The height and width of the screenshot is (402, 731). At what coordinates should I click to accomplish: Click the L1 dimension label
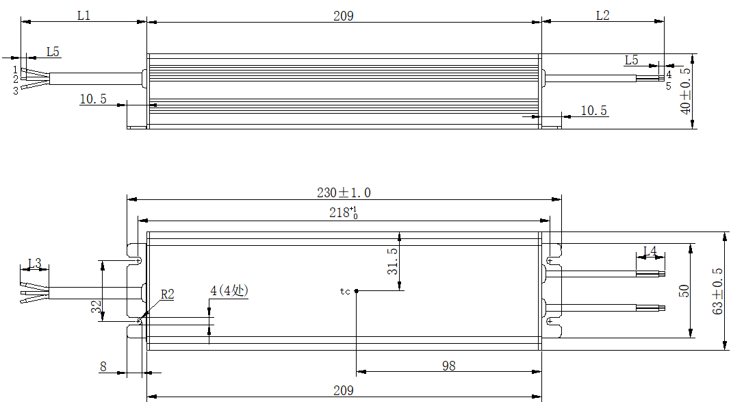point(84,15)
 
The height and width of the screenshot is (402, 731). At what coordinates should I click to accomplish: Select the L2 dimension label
point(603,15)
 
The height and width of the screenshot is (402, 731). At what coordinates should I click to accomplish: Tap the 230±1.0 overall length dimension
point(344,192)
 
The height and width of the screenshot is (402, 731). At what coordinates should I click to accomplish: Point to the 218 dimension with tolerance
point(344,213)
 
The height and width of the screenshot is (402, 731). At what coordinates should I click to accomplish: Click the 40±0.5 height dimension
point(685,91)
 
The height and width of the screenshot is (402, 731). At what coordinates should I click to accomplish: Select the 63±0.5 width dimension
point(718,291)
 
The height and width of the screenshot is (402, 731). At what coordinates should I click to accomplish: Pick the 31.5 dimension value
point(393,261)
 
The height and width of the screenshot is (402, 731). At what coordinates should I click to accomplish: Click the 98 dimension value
point(448,366)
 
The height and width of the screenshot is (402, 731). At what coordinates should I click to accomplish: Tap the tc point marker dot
point(356,291)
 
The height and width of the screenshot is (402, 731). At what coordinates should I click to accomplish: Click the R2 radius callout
point(168,294)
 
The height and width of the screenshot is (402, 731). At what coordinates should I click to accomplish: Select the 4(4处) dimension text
point(229,290)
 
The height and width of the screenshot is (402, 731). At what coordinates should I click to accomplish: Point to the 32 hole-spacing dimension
point(96,306)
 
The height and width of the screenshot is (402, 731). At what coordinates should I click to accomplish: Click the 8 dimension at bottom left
point(103,366)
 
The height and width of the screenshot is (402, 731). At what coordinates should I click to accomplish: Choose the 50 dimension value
point(684,291)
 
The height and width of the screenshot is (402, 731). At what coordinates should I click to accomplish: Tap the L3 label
point(35,264)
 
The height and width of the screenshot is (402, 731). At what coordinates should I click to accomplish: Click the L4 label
point(650,251)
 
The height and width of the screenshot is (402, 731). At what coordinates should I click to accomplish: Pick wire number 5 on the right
point(669,86)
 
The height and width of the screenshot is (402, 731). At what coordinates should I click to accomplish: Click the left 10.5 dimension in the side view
point(93,99)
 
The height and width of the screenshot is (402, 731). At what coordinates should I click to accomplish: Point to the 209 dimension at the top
point(344,16)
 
